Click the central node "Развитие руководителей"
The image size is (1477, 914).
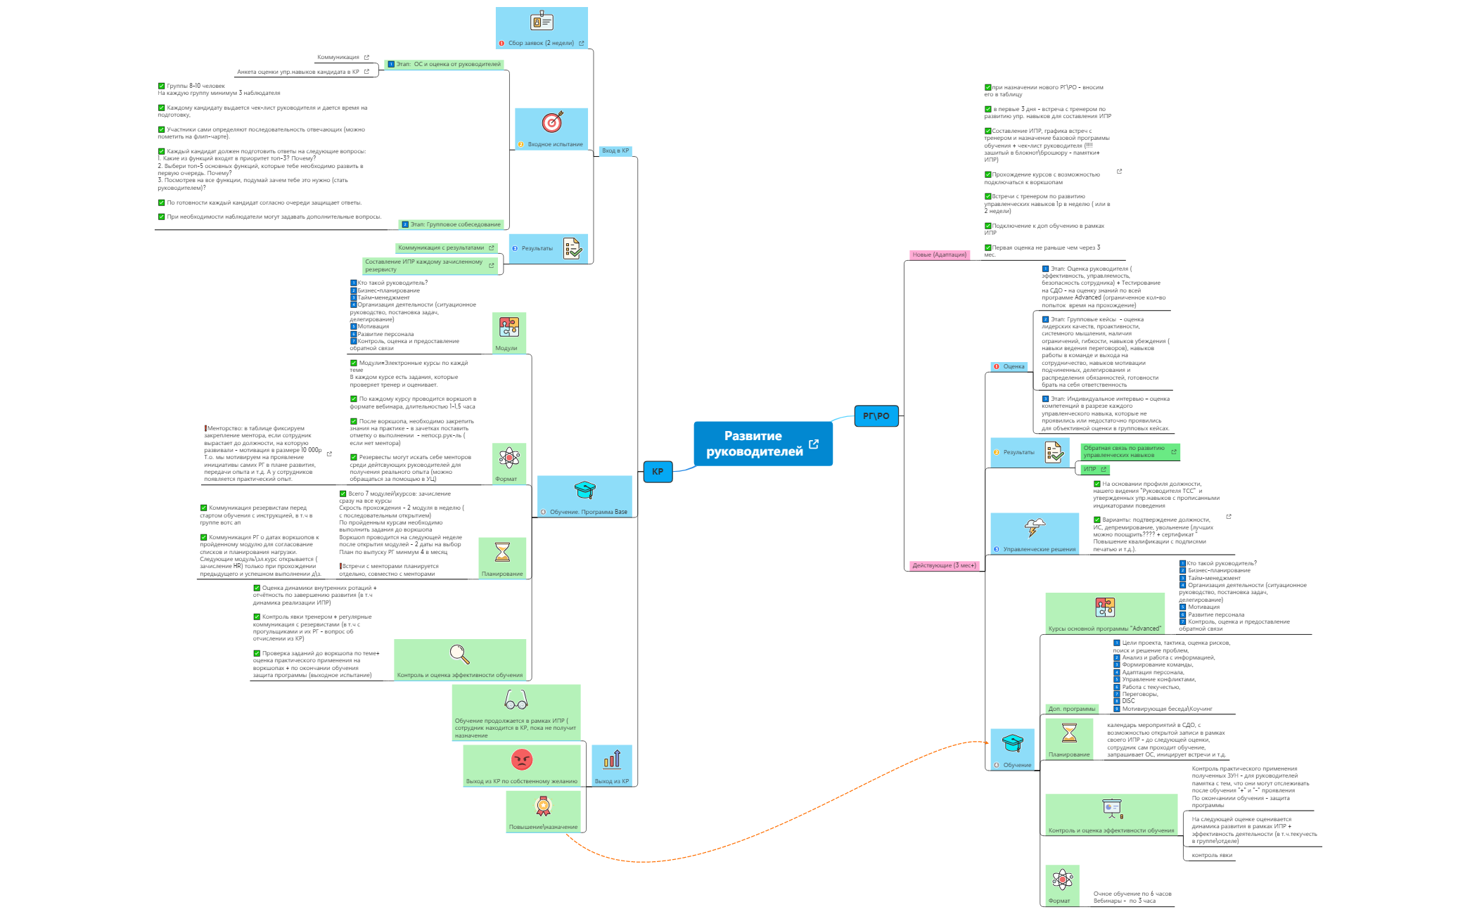[x=753, y=444]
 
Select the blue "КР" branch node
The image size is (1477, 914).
[x=658, y=472]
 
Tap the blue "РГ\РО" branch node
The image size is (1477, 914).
[x=876, y=416]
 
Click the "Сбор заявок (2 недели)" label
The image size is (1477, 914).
[x=541, y=44]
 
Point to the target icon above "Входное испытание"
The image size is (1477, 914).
[x=552, y=122]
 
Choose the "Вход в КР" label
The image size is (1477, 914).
[x=615, y=151]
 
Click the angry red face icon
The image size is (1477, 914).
[x=522, y=759]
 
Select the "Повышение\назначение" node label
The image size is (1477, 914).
[x=543, y=827]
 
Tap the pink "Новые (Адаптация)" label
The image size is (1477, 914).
[x=938, y=255]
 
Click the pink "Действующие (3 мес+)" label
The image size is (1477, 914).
[x=943, y=566]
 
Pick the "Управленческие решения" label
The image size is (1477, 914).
[x=1039, y=550]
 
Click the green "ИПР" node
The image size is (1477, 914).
[x=1089, y=470]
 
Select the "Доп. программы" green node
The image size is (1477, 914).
[x=1071, y=709]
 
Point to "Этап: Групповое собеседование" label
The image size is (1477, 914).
[x=455, y=225]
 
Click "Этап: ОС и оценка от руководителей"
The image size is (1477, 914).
[x=448, y=65]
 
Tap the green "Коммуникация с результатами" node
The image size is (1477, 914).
[x=441, y=248]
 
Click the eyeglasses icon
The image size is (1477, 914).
[x=516, y=700]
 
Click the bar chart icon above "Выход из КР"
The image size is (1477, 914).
[x=612, y=759]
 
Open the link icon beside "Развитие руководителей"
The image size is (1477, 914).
[x=814, y=444]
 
